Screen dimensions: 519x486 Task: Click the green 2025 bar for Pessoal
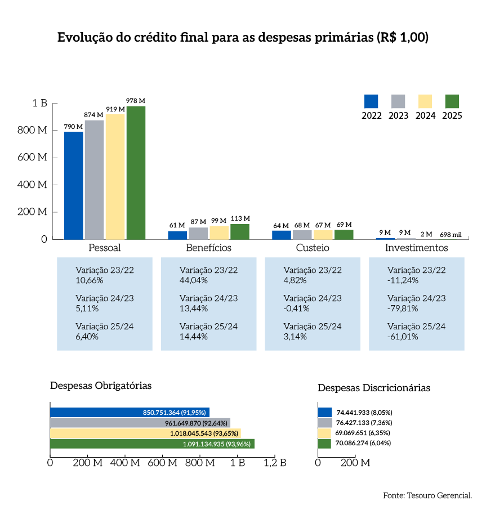136,172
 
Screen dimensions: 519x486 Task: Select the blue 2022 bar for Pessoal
73,185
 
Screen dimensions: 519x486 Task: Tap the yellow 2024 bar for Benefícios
219,232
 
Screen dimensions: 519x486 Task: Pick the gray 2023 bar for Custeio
302,234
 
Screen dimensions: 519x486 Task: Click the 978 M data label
136,101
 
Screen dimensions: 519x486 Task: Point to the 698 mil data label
451,234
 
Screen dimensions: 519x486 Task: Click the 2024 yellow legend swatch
425,101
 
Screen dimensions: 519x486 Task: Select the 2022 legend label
372,115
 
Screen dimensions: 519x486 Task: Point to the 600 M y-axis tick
35,158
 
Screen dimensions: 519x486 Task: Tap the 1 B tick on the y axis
39,104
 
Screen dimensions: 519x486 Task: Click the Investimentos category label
416,248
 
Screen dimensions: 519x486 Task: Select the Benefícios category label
208,248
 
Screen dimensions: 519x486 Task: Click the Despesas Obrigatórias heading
101,386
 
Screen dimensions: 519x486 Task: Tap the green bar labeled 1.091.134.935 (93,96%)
152,444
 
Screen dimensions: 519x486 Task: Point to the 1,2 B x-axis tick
275,463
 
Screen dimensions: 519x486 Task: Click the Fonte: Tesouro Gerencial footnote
427,495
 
